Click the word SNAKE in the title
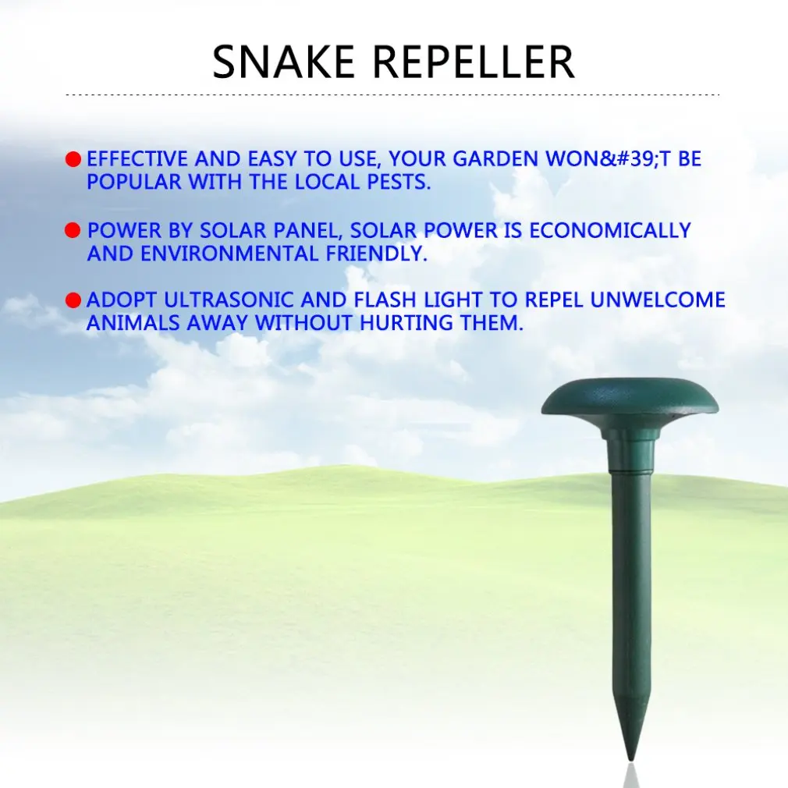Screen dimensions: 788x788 tap(283, 62)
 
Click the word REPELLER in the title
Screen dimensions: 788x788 tap(474, 62)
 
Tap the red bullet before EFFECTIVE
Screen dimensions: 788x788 tap(73, 159)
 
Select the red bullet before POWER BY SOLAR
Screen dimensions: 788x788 tap(73, 231)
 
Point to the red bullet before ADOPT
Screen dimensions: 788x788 tap(73, 300)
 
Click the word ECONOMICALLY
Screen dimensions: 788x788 tap(610, 230)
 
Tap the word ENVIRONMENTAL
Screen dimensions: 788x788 tap(229, 254)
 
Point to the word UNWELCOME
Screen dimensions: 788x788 tap(658, 300)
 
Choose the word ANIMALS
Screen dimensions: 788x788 tap(133, 323)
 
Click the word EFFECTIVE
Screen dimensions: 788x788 tap(137, 159)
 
